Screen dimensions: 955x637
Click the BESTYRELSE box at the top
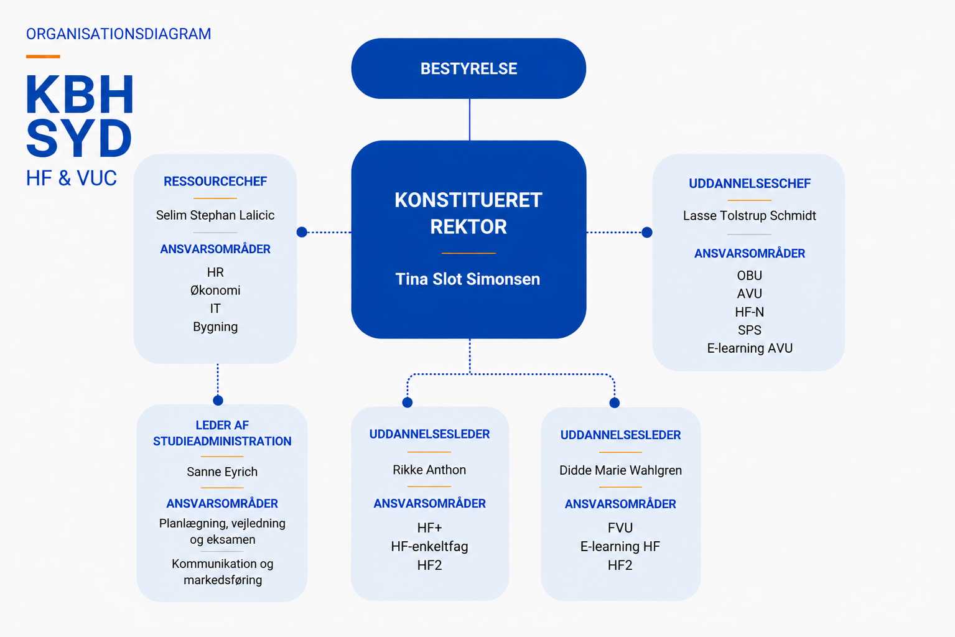click(x=468, y=68)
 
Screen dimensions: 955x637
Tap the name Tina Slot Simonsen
click(x=468, y=279)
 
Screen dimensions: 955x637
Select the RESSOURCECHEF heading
click(x=215, y=181)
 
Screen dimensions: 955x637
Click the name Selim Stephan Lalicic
click(x=215, y=215)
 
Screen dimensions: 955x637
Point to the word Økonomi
click(x=215, y=291)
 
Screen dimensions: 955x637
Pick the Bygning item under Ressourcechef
click(x=215, y=327)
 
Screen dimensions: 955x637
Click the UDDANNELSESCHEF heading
click(x=750, y=184)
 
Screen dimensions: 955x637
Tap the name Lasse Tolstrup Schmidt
click(x=750, y=216)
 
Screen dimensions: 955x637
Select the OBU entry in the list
click(x=750, y=276)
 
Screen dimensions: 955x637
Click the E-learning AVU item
click(x=750, y=348)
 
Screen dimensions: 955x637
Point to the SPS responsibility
click(x=750, y=330)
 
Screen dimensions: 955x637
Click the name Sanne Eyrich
click(x=222, y=472)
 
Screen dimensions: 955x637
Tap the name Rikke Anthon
click(x=429, y=470)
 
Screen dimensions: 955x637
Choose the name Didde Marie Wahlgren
click(x=620, y=470)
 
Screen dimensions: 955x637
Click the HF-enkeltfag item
click(x=429, y=547)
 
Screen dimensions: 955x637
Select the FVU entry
click(x=620, y=528)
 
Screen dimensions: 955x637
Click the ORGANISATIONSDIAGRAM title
click(x=119, y=34)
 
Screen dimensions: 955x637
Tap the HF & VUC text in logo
click(x=71, y=179)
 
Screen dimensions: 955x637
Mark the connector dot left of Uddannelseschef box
click(x=647, y=233)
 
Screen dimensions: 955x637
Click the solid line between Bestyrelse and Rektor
click(x=469, y=120)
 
